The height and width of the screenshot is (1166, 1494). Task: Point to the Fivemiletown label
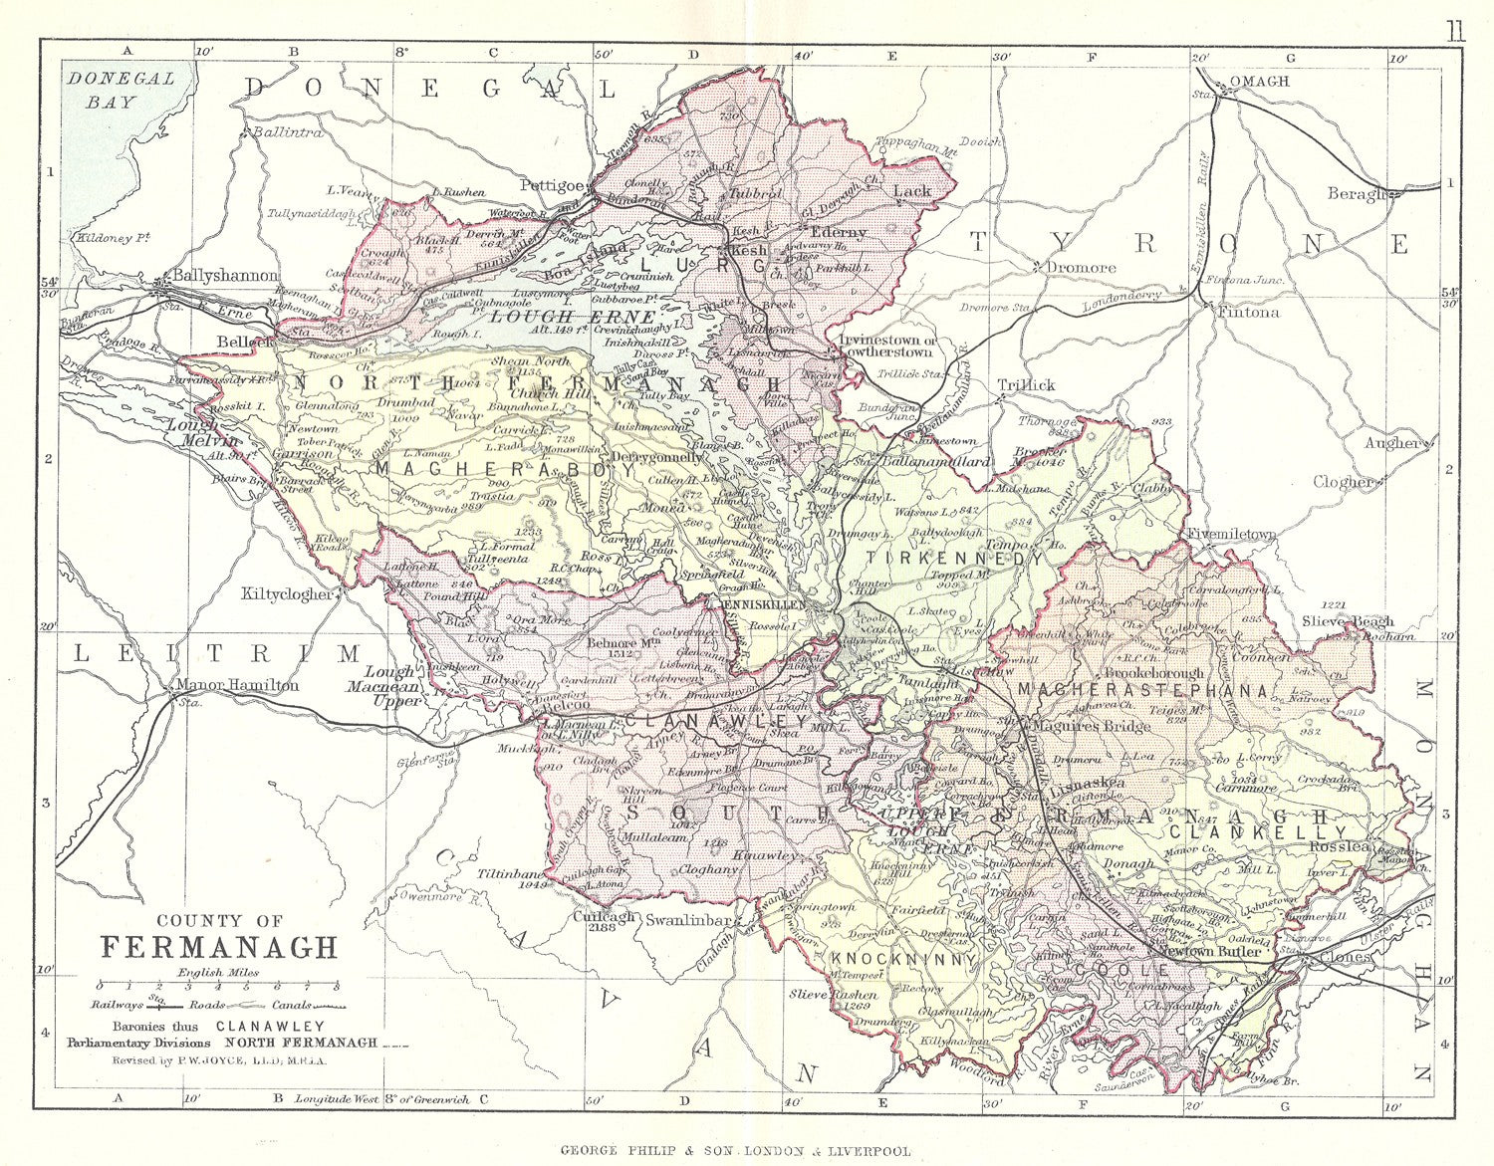coord(1231,535)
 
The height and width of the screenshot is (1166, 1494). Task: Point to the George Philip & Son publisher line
coord(735,1150)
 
